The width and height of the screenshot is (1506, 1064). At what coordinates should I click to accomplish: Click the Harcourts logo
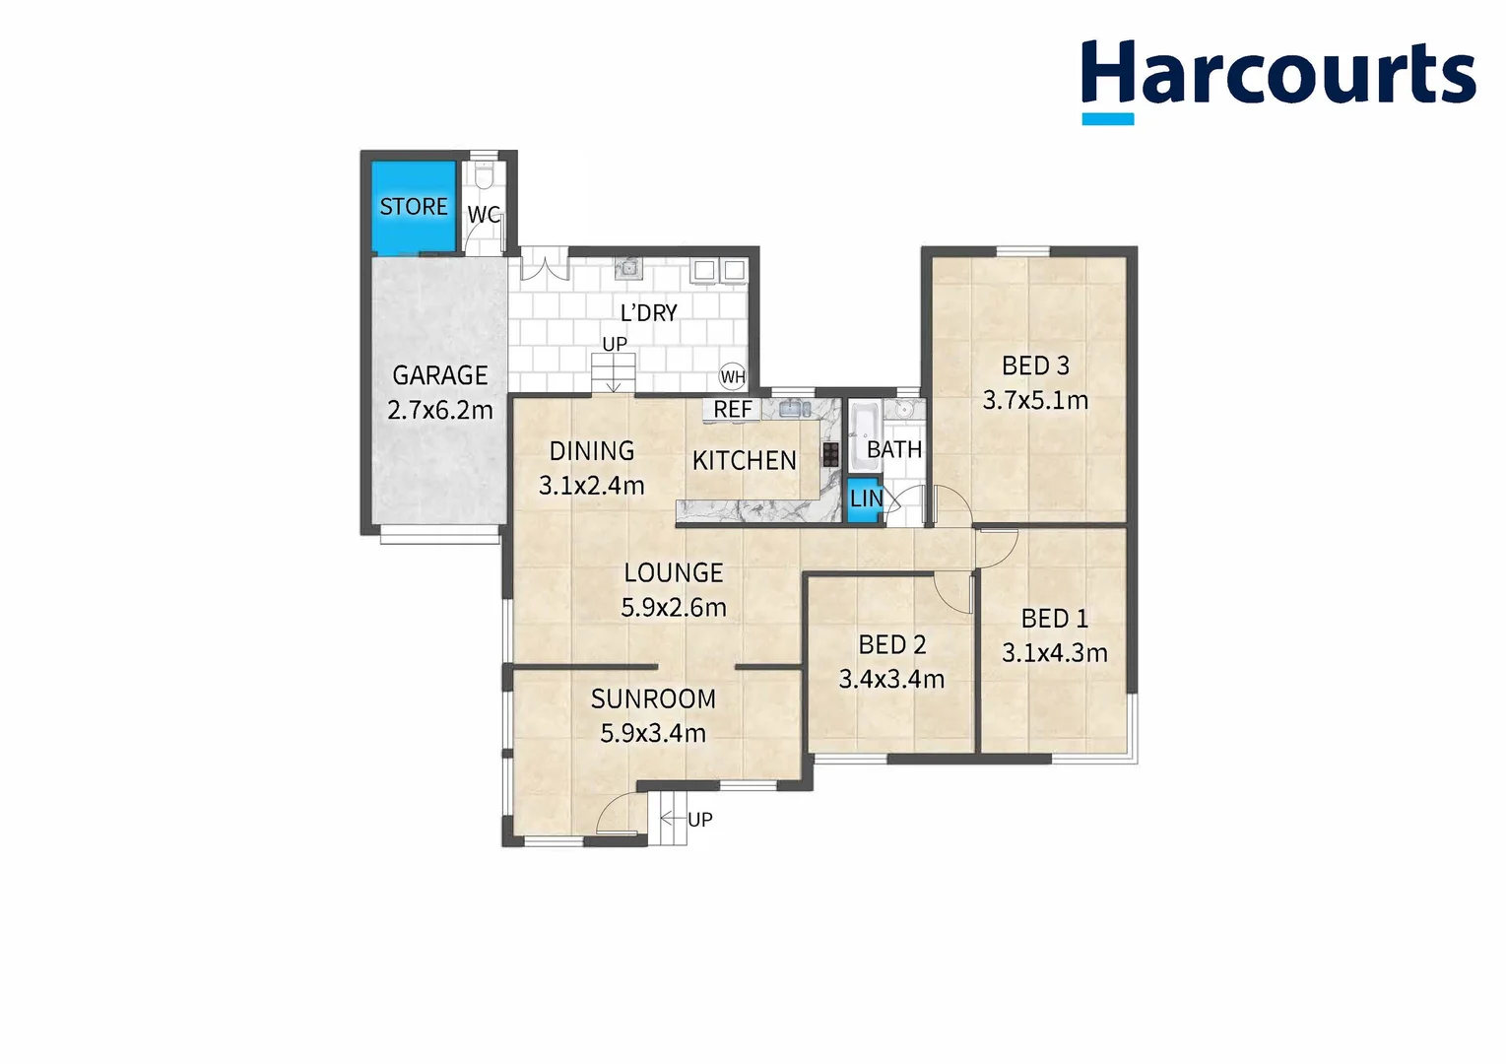coord(1277,77)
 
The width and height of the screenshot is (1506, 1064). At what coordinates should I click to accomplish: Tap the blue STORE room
coord(414,206)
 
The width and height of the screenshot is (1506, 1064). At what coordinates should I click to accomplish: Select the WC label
coord(483,215)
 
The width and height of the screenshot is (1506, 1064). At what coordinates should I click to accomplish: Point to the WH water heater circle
coord(733,376)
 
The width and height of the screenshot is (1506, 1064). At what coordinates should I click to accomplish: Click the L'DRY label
coord(648,312)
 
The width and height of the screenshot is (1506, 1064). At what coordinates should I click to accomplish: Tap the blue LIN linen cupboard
coord(864,499)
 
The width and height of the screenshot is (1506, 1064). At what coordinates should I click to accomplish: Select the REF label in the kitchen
coord(733,409)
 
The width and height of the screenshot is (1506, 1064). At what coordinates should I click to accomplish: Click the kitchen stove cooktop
coord(830,454)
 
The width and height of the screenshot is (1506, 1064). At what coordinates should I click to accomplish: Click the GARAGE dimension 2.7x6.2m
coord(440,410)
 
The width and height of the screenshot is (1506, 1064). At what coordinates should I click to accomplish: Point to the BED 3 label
coord(1035,366)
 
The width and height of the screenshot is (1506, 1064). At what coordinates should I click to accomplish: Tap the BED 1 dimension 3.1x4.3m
coord(1054,652)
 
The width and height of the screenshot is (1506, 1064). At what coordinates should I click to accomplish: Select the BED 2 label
coord(891,644)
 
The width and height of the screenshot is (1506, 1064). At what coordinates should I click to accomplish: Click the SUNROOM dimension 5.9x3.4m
coord(653,733)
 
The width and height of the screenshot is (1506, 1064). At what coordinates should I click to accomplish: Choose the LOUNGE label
coord(674,572)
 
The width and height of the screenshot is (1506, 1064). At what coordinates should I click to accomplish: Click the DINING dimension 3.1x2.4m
coord(591,485)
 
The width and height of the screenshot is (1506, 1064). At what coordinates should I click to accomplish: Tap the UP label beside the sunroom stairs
coord(699,819)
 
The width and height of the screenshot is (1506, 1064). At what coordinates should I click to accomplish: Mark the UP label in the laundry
coord(615,344)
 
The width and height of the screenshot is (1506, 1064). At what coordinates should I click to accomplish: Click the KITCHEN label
coord(744,460)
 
